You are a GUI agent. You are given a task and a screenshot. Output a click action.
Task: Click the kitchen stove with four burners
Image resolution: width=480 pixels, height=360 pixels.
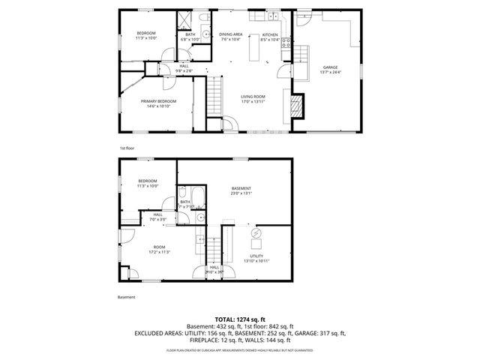[285, 43]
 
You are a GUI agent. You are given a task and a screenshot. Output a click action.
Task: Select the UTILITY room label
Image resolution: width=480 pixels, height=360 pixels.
[256, 257]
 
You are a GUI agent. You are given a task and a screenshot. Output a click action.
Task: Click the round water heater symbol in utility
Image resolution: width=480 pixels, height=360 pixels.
[255, 235]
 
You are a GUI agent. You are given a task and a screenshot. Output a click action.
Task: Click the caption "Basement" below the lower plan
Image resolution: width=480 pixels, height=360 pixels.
[127, 298]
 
